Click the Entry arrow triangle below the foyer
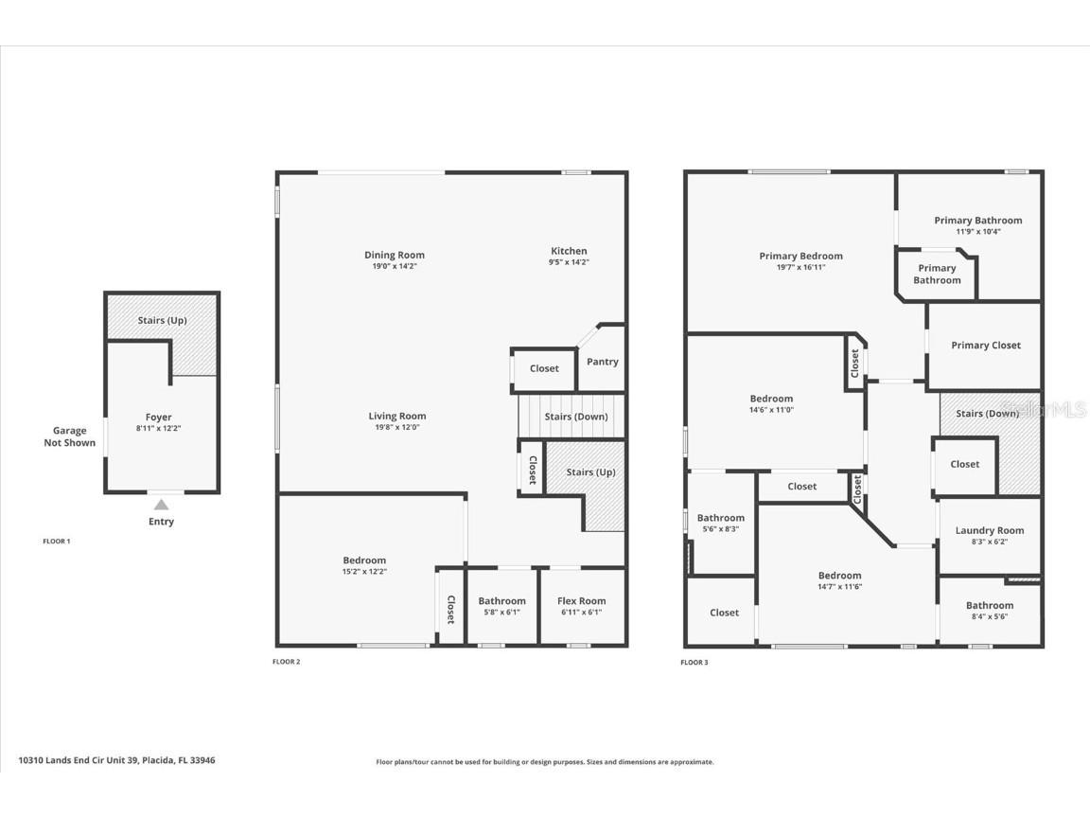pos(162,505)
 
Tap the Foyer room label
pos(158,418)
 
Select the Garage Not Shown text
pos(69,436)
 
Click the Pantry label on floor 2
pos(602,362)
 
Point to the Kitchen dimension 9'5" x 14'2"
pos(569,262)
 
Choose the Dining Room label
pos(395,255)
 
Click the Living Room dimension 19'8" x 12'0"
pos(397,427)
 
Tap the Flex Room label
pos(581,601)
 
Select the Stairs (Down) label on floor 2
pos(576,417)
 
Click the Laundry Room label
pos(989,531)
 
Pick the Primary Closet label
pos(985,346)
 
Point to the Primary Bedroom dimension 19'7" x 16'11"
pos(800,267)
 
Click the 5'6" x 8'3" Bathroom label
pos(720,518)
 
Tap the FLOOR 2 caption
pos(286,662)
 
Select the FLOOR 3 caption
pos(694,663)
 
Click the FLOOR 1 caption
pos(57,542)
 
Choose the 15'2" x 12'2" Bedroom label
pos(364,560)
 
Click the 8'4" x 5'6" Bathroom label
pos(989,606)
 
